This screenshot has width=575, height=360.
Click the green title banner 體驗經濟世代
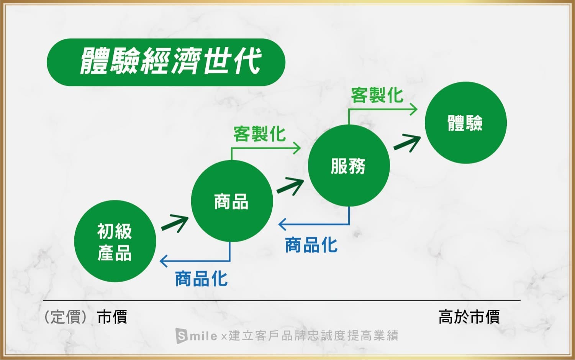(166, 62)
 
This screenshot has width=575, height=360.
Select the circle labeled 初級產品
(115, 241)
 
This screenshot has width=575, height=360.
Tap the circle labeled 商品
(232, 201)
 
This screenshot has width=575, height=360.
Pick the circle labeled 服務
(349, 166)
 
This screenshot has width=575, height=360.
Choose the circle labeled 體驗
(466, 123)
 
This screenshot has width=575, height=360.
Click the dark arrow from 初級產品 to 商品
(175, 224)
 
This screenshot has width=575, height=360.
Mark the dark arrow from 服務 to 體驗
(407, 143)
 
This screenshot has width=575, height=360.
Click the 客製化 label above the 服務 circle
(377, 95)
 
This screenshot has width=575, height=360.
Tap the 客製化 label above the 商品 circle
(259, 134)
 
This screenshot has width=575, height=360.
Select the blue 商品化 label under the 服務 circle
(311, 245)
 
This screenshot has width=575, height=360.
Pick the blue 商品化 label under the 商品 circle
(201, 279)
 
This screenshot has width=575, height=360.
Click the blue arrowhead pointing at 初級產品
(164, 261)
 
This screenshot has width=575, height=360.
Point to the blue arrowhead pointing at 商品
(283, 224)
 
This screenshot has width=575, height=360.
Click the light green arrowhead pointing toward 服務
(297, 148)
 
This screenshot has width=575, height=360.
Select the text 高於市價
(469, 317)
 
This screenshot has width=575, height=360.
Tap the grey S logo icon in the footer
(181, 335)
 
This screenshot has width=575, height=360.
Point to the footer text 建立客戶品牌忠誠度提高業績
(313, 335)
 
